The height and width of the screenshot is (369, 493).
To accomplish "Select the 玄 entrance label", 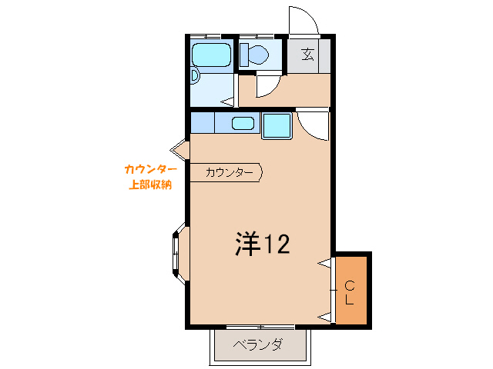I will [307, 54].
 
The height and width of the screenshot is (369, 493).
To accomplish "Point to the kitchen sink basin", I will [243, 123].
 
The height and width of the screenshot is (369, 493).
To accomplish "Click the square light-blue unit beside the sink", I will [277, 125].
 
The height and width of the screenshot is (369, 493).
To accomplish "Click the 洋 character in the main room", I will [247, 244].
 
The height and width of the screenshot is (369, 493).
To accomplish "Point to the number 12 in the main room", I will [277, 244].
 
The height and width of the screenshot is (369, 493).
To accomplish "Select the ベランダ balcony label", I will [257, 345].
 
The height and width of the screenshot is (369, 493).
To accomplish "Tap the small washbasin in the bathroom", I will [195, 76].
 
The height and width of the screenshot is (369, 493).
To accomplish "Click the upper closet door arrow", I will [324, 265].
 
